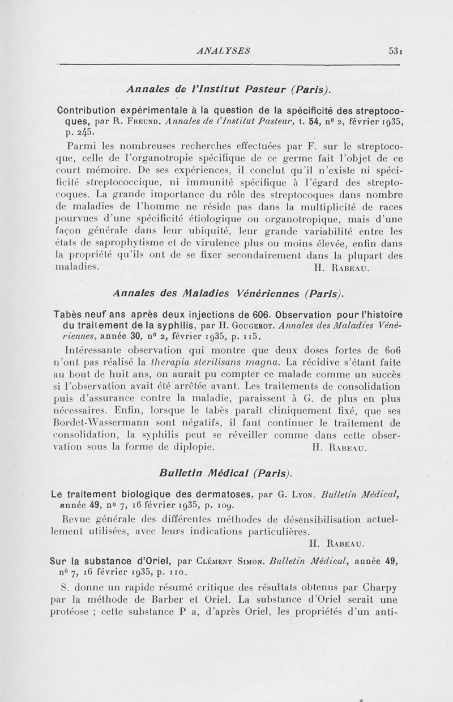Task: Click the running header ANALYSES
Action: click(222, 50)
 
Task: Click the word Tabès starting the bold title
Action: click(71, 315)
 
